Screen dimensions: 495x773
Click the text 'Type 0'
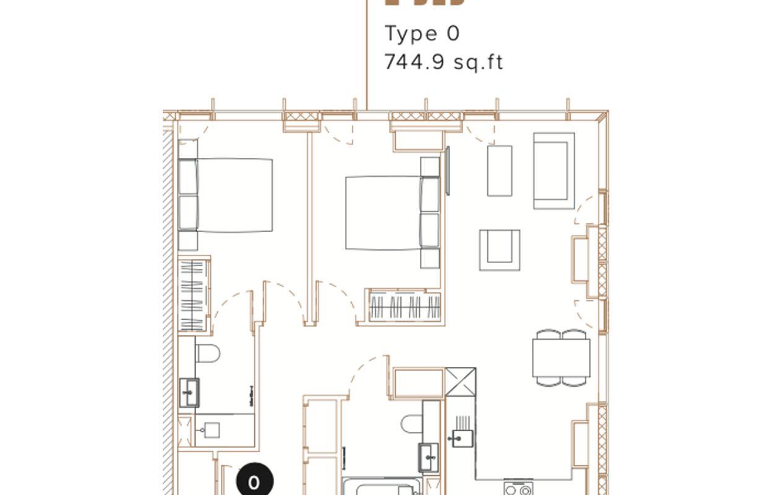422,33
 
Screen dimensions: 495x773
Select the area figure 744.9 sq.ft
443,62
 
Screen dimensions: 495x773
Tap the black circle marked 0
254,482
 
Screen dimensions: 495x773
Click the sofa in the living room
554,170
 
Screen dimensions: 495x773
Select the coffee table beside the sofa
500,171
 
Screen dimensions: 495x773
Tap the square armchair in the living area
500,249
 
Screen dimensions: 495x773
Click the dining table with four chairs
561,358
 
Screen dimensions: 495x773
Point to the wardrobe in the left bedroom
194,294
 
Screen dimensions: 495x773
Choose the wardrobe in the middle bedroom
405,307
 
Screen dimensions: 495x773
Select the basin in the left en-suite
189,392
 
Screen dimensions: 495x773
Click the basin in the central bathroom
429,457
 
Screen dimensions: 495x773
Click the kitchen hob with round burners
518,489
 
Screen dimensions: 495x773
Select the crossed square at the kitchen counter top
461,382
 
